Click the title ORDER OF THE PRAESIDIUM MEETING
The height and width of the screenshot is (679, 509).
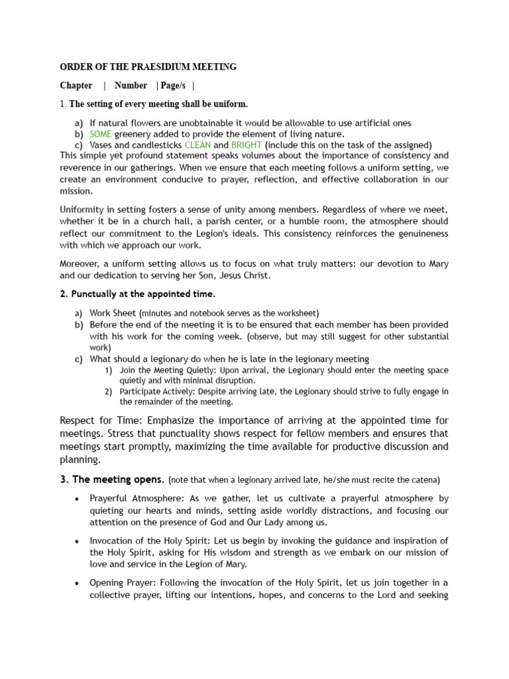pos(148,67)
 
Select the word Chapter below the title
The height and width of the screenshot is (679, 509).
pos(76,86)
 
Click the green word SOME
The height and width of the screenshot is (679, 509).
pos(101,134)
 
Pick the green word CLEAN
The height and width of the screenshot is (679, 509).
pos(198,145)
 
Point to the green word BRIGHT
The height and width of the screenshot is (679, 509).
pos(247,145)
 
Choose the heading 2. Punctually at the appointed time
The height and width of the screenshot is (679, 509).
pos(138,294)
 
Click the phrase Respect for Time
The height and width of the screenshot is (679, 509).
pos(101,420)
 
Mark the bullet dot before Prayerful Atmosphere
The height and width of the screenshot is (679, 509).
pos(79,498)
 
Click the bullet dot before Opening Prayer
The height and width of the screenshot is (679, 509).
pos(79,583)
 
